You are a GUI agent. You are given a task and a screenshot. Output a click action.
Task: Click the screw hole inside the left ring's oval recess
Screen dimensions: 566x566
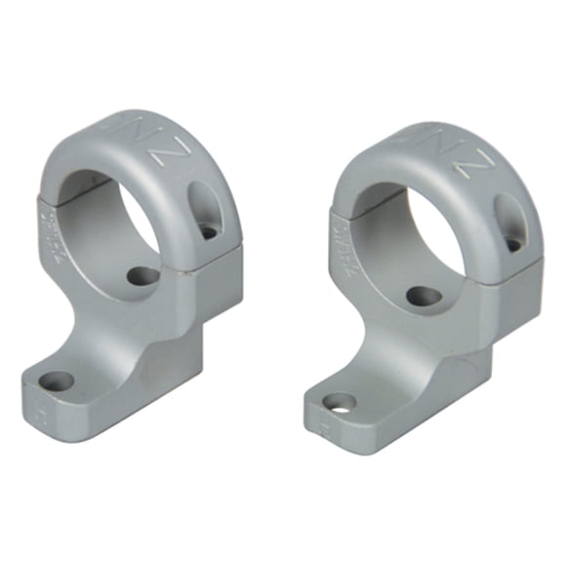[x=209, y=232]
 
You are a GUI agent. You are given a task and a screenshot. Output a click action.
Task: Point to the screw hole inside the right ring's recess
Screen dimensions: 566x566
[x=511, y=244]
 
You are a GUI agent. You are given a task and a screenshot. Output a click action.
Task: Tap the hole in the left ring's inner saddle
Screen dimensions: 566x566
[x=143, y=276]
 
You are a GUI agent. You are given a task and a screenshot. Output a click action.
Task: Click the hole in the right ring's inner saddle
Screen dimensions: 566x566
[x=424, y=295]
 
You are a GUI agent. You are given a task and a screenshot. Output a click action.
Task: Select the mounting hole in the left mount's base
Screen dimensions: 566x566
[x=58, y=381]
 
